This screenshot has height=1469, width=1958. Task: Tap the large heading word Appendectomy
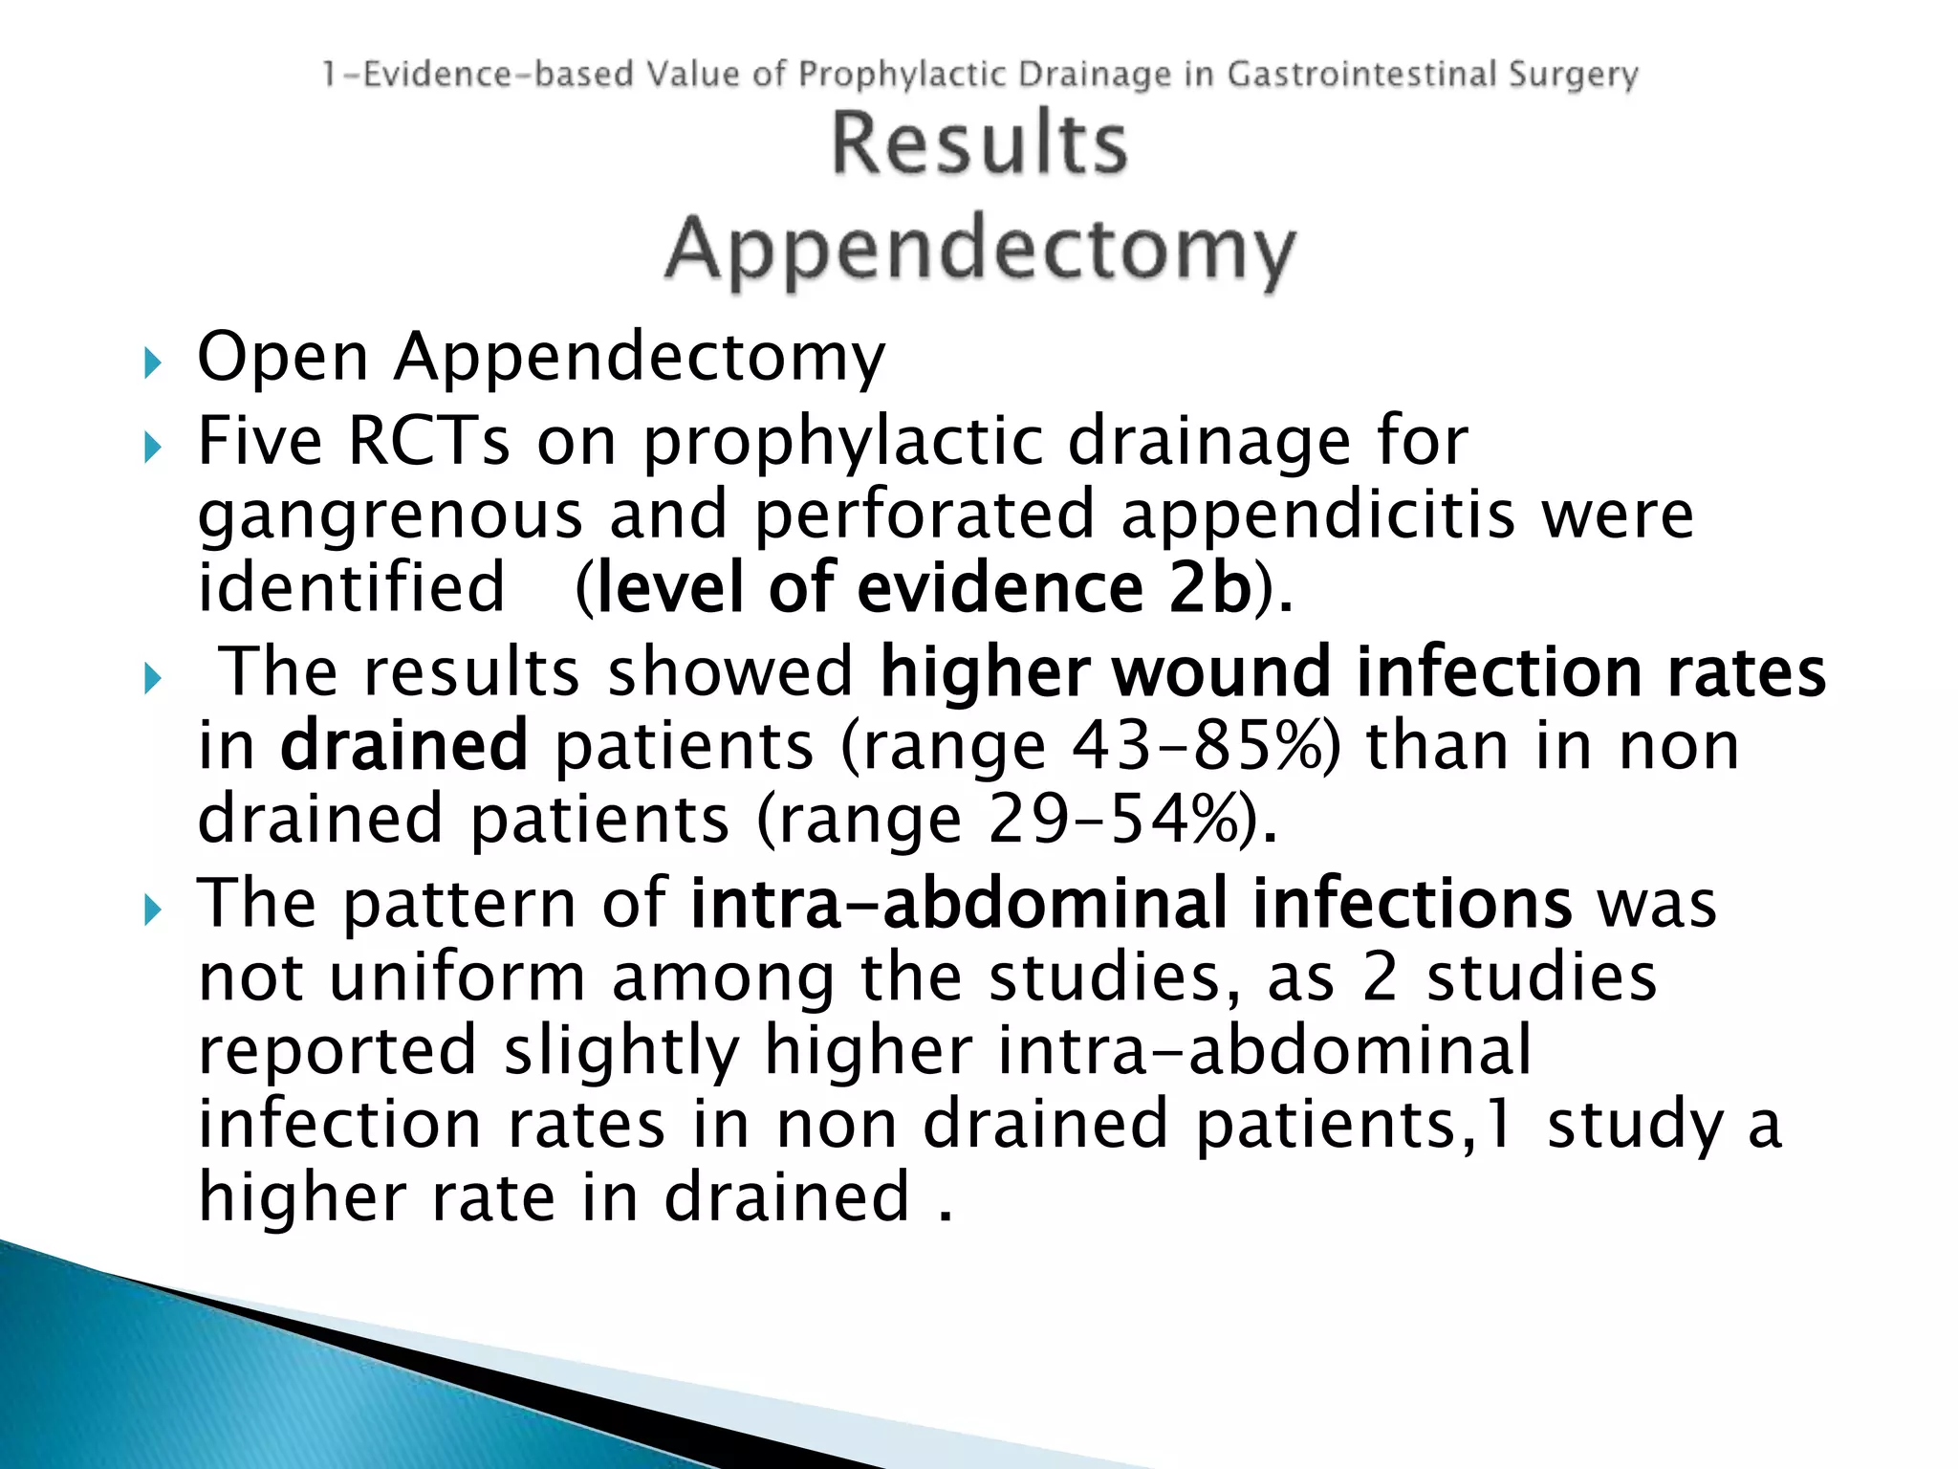(980, 251)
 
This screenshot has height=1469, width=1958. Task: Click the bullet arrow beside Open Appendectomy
(152, 363)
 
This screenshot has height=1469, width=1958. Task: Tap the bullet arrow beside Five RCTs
(152, 448)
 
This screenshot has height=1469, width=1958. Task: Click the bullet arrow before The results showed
(152, 679)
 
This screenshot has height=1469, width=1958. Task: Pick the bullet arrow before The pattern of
(152, 910)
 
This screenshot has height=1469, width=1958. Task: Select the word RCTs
(428, 442)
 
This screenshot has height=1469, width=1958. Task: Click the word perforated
(924, 515)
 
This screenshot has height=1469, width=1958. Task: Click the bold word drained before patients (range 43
(403, 746)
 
